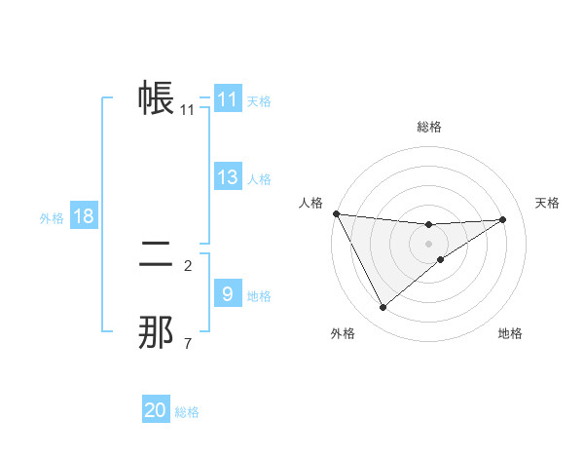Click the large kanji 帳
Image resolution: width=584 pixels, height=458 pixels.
click(x=156, y=98)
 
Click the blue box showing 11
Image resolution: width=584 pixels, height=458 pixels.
click(x=227, y=99)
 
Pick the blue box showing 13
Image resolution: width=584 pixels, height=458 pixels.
click(x=227, y=177)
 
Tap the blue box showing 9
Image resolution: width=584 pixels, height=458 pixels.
click(x=227, y=294)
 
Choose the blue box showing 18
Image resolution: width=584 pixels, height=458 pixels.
click(x=84, y=216)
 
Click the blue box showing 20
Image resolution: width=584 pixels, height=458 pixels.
click(x=156, y=410)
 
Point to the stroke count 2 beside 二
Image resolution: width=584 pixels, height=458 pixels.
click(x=188, y=265)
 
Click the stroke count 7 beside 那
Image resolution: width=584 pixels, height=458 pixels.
click(x=188, y=343)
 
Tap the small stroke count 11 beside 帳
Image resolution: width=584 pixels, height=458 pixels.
click(x=188, y=110)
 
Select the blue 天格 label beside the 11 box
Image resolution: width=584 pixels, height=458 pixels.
click(x=259, y=100)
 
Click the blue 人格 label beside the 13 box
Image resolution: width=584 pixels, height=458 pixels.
click(x=259, y=179)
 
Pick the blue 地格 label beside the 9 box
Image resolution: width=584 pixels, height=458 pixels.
click(x=259, y=296)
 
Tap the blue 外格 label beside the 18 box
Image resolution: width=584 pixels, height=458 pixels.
click(x=52, y=218)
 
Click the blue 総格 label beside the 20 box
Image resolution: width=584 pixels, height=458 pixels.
click(x=187, y=412)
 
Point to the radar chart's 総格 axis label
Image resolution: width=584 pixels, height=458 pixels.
click(x=428, y=127)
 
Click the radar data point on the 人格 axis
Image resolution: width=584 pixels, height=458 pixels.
click(x=336, y=213)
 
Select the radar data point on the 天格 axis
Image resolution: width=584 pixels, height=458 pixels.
click(x=503, y=219)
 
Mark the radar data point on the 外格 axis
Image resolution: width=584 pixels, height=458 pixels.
click(x=383, y=308)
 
